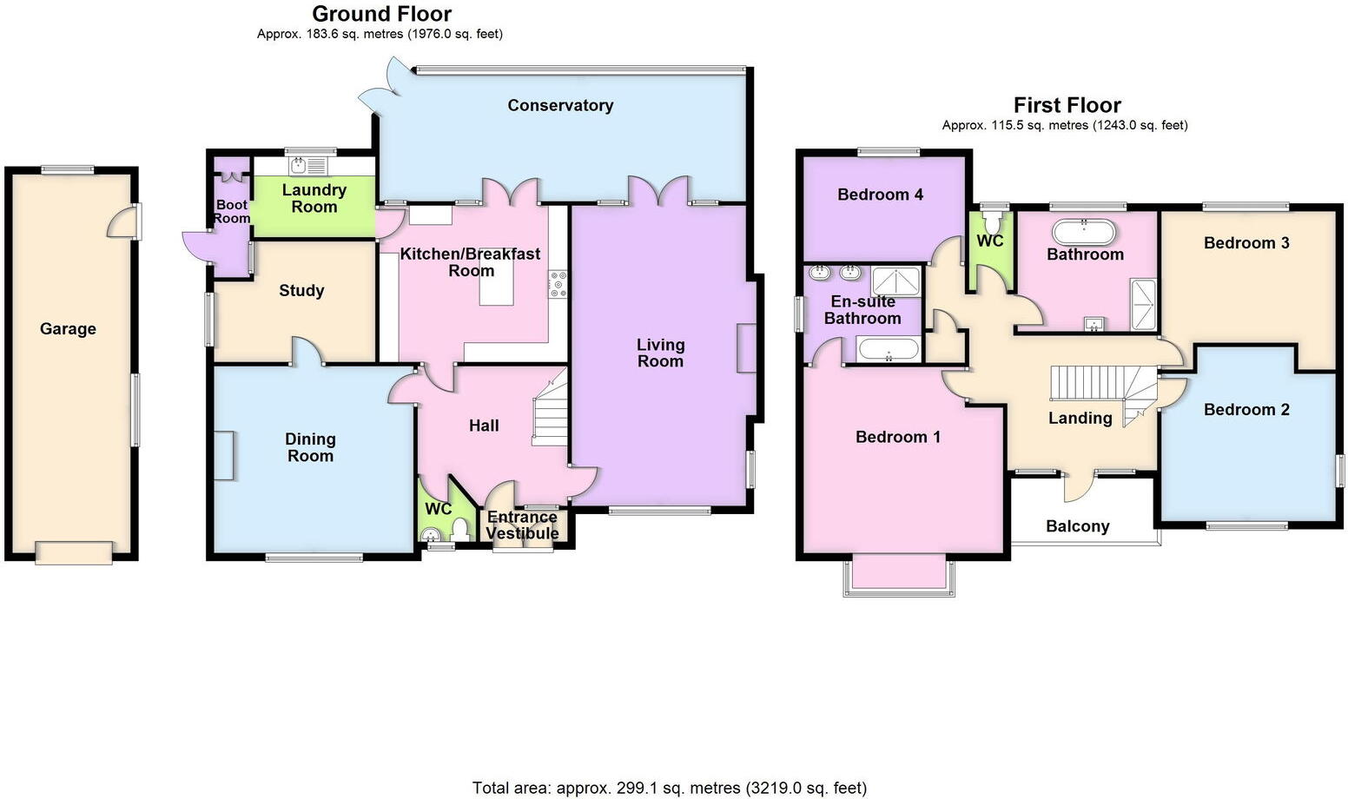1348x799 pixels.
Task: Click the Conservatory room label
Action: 560,105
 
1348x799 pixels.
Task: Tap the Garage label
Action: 68,328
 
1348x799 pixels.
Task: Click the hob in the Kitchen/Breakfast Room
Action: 558,285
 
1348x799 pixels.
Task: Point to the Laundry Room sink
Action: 299,165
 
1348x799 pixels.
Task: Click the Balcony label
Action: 1077,525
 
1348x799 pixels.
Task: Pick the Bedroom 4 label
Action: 880,195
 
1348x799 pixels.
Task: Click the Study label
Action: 301,290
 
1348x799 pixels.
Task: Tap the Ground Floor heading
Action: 381,14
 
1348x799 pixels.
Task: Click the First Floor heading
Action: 1067,105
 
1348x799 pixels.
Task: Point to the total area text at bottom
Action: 669,788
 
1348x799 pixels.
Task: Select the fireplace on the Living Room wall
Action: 746,348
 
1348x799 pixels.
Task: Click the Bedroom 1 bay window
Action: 899,576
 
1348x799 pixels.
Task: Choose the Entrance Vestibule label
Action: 522,525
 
